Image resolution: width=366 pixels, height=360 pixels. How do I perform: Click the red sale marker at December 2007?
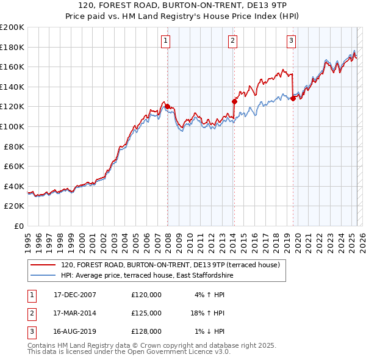pos(168,106)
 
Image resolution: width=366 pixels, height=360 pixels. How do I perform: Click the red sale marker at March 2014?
pos(234,101)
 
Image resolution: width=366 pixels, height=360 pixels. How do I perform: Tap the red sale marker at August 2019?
pos(293,98)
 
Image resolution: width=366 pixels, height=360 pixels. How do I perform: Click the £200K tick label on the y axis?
pos(12,27)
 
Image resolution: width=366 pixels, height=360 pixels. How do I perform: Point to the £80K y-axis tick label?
pos(14,146)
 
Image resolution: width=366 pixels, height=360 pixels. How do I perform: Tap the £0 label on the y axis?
pos(20,226)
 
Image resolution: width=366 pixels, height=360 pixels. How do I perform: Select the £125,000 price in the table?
pos(146,313)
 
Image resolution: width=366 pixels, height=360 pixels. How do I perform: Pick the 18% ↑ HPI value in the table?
pos(207,313)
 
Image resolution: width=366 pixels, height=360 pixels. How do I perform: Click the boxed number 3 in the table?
pos(30,331)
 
